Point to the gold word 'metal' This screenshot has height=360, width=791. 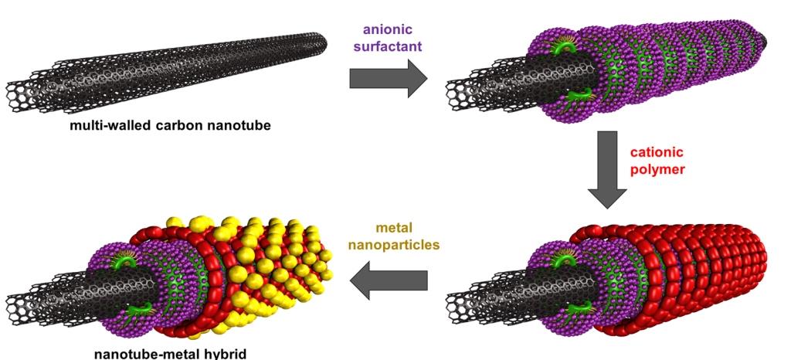coord(388,228)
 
